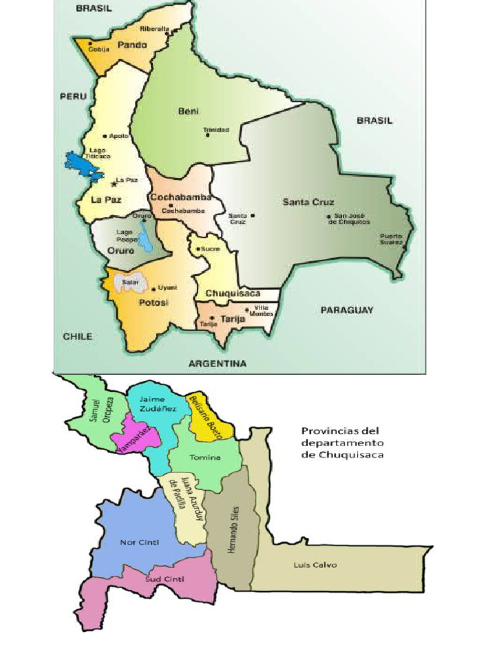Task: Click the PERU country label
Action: coord(73,96)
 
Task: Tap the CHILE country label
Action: coord(77,336)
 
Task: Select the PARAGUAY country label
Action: coord(346,310)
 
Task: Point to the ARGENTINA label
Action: coord(218,364)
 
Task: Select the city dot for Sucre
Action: coord(197,249)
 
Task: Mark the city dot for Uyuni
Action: coord(154,289)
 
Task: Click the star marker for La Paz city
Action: coord(114,184)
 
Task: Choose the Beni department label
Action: coord(188,111)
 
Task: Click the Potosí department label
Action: coord(154,303)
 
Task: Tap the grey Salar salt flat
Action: coord(127,283)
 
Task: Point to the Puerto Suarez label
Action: coord(392,239)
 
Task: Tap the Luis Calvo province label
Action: coord(315,565)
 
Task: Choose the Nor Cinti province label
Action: coord(140,542)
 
